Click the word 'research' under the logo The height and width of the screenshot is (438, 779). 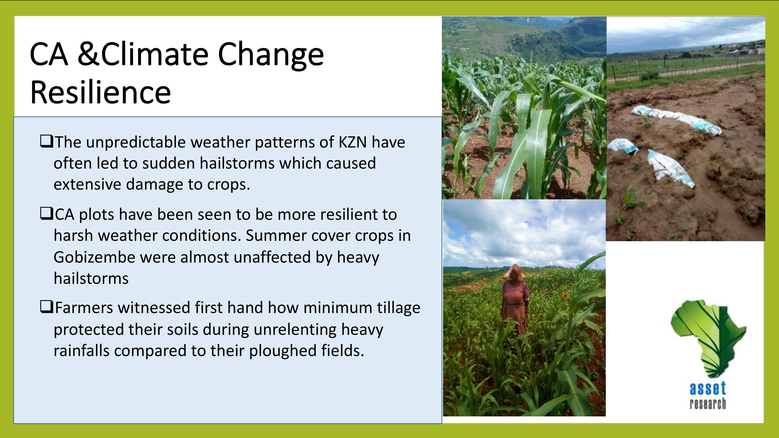tap(708, 404)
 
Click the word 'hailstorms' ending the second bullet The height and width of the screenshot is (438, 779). tap(91, 278)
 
